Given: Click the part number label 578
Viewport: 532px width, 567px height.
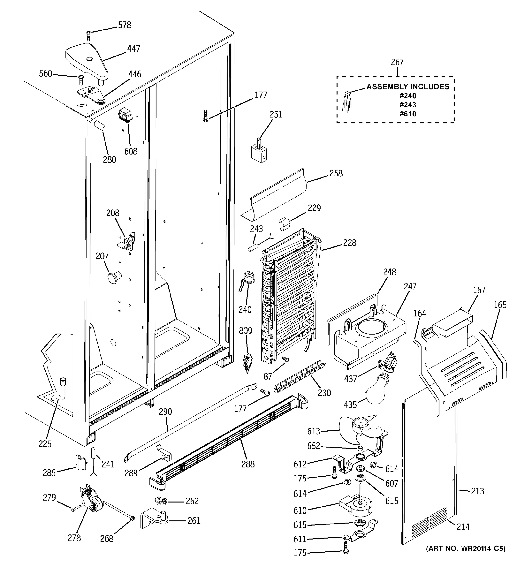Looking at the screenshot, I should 125,25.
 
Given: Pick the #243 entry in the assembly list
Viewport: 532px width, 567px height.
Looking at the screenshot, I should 408,105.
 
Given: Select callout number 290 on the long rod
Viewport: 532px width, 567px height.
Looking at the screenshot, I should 165,412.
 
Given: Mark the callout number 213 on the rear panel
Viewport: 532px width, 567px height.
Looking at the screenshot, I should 477,491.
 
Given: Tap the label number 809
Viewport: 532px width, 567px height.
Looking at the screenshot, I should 245,331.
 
